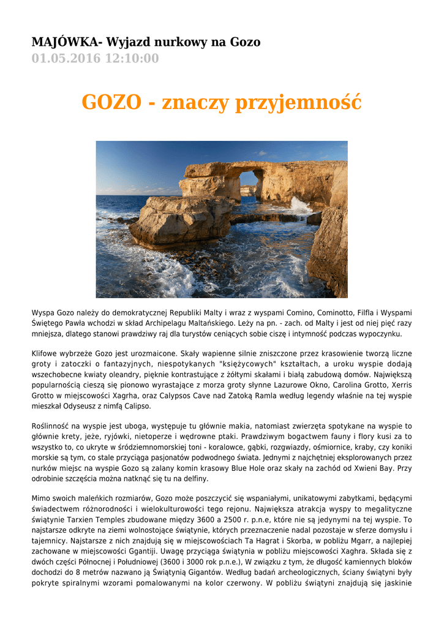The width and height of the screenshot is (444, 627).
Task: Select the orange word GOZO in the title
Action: pos(111,102)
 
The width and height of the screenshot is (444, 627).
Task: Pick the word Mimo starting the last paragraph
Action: pos(42,500)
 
